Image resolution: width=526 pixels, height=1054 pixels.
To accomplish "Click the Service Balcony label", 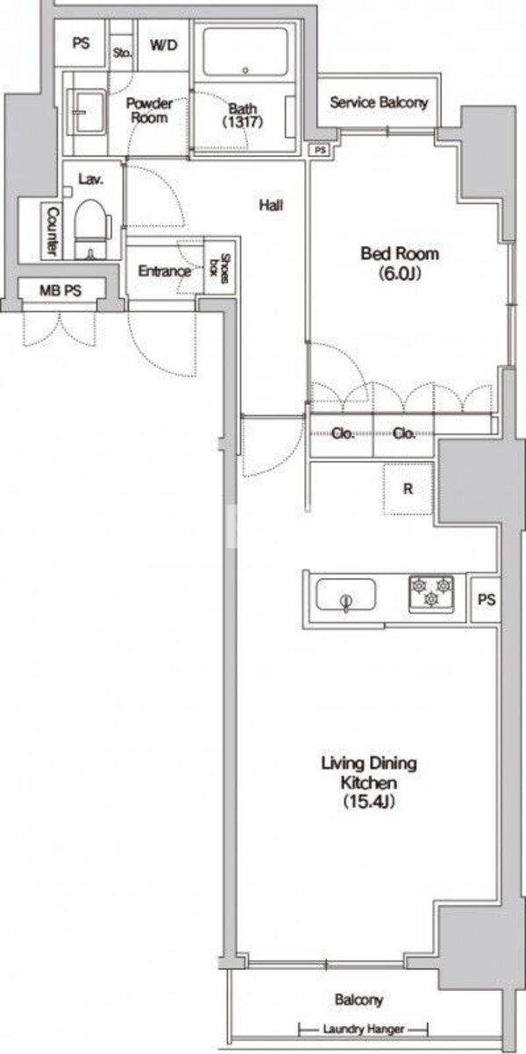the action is [379, 103].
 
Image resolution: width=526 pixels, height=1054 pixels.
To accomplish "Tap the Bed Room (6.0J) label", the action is [400, 263].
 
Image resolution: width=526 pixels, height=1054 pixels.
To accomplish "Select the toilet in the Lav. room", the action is [93, 230].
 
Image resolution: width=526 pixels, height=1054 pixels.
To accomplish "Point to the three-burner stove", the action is [431, 594].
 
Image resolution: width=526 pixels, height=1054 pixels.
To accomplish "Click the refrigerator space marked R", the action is [408, 489].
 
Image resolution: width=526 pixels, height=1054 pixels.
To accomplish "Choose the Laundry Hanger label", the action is [364, 1029].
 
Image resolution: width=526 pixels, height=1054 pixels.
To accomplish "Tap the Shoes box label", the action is [219, 269].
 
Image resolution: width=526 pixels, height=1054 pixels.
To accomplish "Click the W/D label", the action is [164, 46].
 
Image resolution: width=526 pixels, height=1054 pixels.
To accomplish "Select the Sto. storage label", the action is [122, 53].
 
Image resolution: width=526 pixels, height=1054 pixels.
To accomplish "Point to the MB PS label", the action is [60, 291].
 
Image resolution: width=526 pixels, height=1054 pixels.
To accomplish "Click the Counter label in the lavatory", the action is [53, 231].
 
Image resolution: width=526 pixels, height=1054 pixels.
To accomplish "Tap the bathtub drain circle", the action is [245, 71].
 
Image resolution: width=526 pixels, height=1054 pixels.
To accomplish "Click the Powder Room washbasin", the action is [86, 113].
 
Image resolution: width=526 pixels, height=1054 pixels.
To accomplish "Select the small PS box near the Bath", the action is [320, 150].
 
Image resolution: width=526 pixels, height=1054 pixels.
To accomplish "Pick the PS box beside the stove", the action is [486, 599].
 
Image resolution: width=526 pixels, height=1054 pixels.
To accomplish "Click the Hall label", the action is [271, 205].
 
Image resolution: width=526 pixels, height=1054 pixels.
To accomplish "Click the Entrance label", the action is [164, 271].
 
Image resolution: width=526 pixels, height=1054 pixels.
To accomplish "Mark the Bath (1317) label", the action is [243, 116].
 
